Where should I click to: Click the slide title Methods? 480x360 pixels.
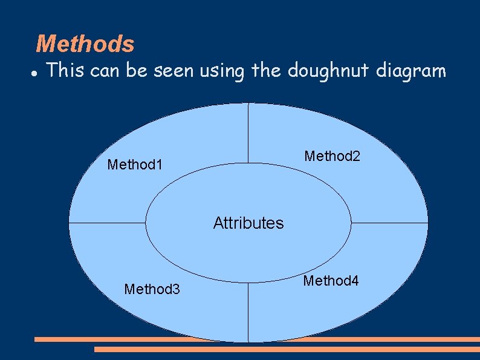click(85, 44)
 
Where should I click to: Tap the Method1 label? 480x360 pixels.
click(135, 164)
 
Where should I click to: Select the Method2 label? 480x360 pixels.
click(332, 156)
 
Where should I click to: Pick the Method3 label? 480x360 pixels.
click(152, 289)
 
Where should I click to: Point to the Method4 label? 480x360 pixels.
click(331, 281)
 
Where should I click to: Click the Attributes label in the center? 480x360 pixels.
click(248, 223)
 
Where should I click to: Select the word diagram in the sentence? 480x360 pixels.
click(411, 72)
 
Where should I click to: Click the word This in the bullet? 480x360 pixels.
click(65, 71)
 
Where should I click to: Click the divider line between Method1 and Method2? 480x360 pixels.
click(248, 133)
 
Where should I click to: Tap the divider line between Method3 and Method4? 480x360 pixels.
click(248, 312)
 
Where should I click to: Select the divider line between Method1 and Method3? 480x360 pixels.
click(108, 223)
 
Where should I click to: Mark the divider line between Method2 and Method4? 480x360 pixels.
click(389, 223)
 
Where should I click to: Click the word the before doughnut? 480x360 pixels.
click(266, 71)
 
